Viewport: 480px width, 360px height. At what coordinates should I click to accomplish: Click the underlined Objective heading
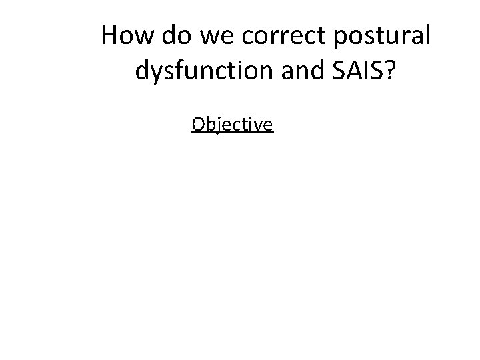click(231, 125)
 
